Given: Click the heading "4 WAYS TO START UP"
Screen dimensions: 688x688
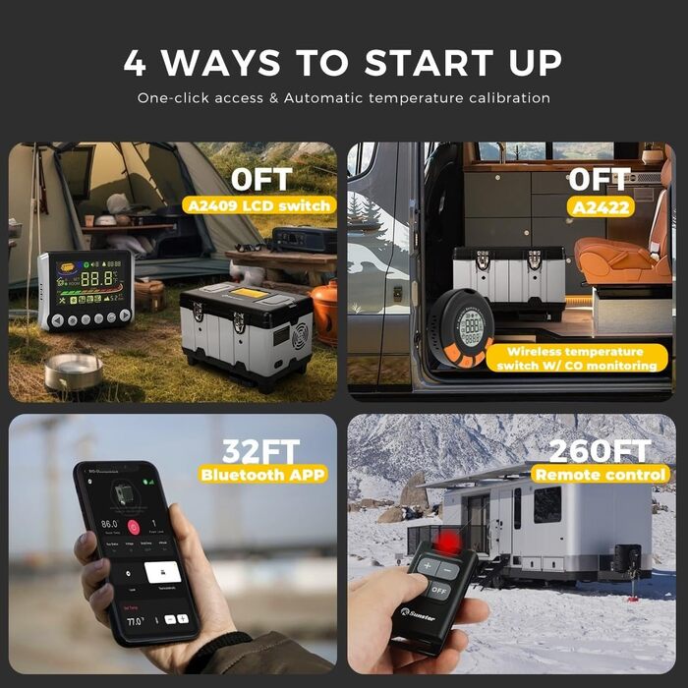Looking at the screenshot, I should click(343, 62).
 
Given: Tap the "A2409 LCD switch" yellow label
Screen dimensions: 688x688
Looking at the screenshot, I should click(258, 205).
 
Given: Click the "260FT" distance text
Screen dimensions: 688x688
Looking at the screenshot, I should click(599, 451).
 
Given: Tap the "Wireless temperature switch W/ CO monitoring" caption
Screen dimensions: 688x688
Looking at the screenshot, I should click(577, 359).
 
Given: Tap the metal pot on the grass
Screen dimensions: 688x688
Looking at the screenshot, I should click(73, 371).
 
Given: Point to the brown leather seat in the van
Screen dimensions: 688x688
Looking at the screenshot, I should click(614, 251).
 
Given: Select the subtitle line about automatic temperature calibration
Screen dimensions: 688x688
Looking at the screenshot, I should click(343, 98).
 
